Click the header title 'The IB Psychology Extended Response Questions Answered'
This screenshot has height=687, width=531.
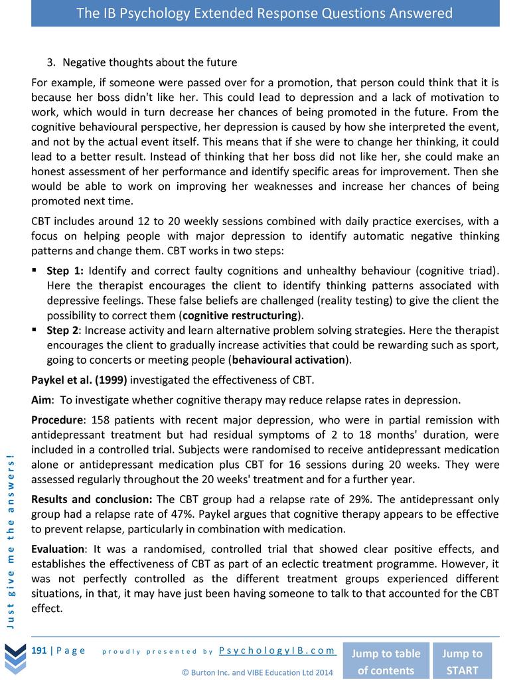point(265,13)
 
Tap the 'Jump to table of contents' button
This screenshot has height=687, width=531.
point(385,661)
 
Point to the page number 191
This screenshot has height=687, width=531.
point(40,650)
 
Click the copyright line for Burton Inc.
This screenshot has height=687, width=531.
point(257,672)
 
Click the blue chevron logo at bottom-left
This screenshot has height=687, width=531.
point(14,658)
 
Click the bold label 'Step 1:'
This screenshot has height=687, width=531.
point(65,271)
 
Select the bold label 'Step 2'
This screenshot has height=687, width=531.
point(63,330)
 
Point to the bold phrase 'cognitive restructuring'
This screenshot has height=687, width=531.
point(239,315)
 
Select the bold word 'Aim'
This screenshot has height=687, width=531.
point(42,400)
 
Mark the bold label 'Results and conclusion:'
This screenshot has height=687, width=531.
point(92,499)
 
